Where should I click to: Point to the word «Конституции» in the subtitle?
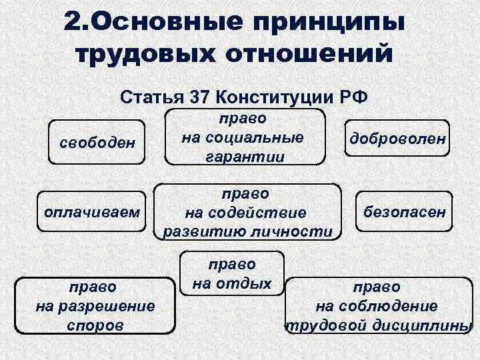tap(273, 98)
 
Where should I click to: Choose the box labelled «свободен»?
tap(97, 143)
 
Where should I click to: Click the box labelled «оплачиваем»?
tap(91, 213)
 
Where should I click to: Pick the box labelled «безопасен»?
tap(405, 213)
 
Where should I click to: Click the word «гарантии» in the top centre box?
tap(242, 157)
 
